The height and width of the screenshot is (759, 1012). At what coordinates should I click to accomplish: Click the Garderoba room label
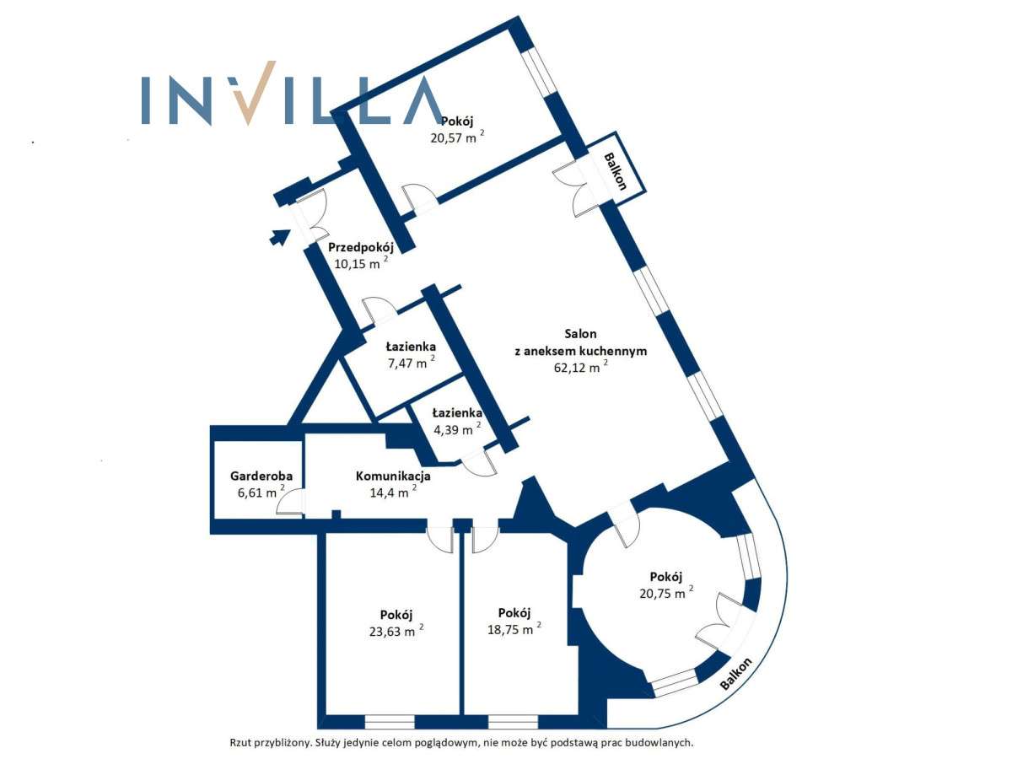pyautogui.click(x=261, y=476)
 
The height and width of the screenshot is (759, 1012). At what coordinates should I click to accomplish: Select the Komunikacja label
pyautogui.click(x=394, y=476)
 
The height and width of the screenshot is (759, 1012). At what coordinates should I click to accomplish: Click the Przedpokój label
pyautogui.click(x=361, y=247)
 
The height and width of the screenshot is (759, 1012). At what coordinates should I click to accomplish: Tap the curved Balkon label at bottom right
pyautogui.click(x=736, y=675)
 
